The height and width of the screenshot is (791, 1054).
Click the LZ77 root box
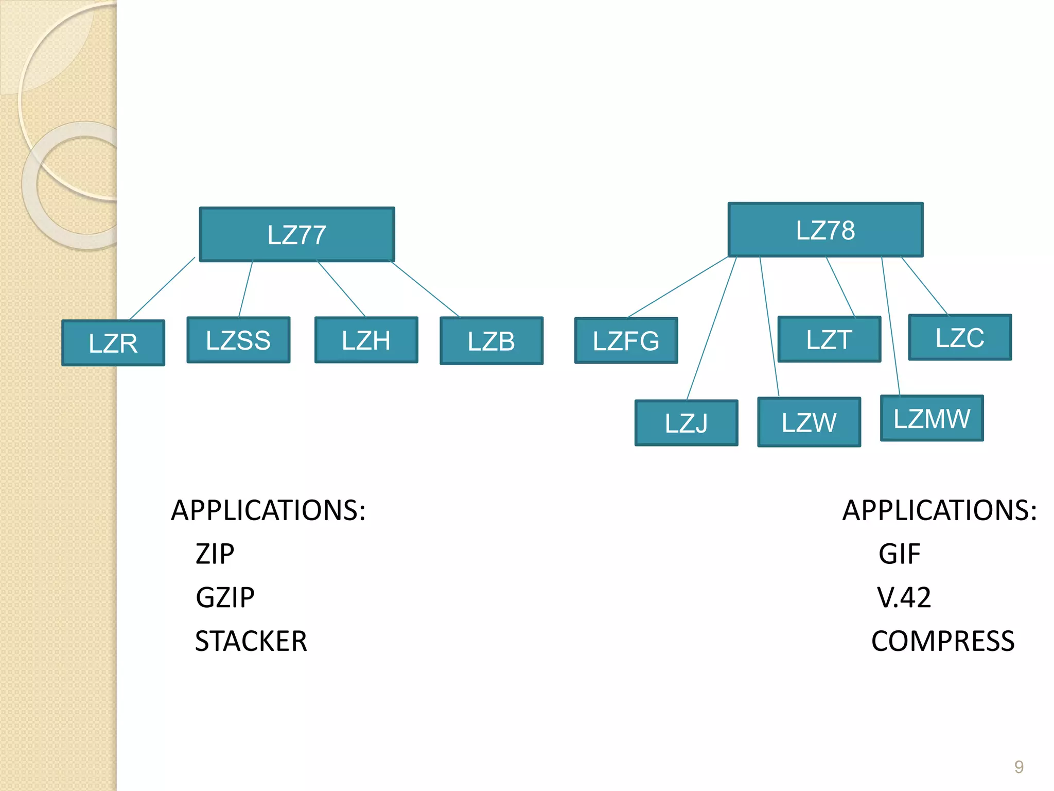pos(297,235)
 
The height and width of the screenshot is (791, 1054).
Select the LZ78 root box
pos(825,230)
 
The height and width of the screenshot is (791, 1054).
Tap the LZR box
pos(113,343)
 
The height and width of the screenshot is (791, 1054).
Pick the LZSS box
pos(238,340)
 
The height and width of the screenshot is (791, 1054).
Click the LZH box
pos(366,340)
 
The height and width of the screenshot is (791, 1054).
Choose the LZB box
pos(491,341)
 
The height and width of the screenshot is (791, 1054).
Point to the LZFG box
pos(626,340)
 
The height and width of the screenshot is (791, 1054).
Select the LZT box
pos(829,339)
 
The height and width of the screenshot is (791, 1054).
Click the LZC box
pos(960,337)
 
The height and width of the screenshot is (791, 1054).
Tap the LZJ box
pos(686,423)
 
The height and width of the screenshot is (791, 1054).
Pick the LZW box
pos(809,422)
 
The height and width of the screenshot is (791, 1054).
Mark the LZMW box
pos(932,418)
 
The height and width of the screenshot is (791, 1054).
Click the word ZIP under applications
pos(215,554)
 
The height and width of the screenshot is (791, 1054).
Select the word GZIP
pos(225,597)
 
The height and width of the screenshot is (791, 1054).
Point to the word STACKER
pos(251,641)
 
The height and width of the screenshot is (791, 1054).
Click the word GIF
pos(899,554)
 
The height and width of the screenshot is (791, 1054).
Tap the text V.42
pos(904,597)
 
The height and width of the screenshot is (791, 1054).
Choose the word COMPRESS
pos(943,641)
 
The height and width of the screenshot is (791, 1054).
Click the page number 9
pos(1018,767)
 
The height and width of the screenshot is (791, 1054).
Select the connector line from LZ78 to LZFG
pos(677,287)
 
